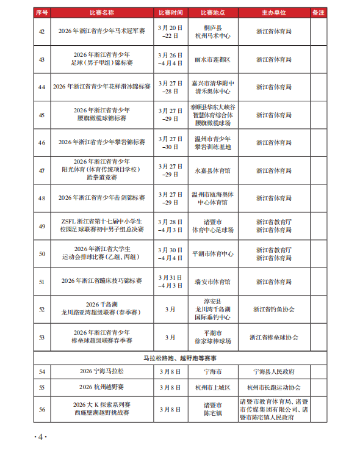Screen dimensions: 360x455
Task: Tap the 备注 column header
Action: (317, 12)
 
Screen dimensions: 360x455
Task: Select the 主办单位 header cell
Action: (273, 12)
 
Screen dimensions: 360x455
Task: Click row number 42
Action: (41, 32)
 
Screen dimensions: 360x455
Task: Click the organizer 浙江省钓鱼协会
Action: (273, 309)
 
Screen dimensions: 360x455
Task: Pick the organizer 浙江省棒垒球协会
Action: (273, 337)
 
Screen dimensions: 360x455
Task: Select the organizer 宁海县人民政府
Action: (273, 371)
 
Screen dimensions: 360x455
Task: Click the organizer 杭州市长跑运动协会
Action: (273, 387)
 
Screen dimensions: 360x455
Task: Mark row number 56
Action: (41, 409)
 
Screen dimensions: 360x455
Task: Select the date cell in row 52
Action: (170, 309)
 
